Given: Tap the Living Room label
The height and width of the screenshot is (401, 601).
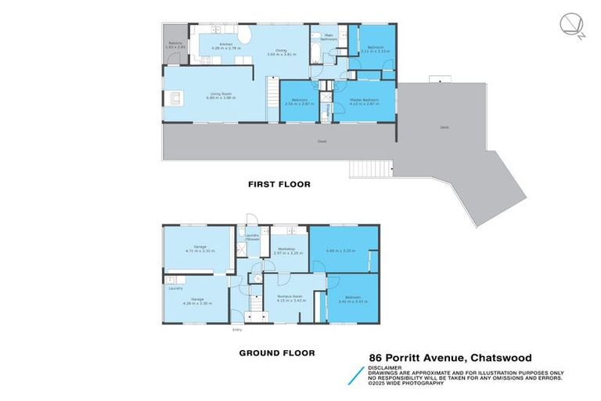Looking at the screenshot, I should (x=211, y=94).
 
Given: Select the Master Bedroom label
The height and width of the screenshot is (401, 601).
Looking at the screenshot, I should (x=364, y=99).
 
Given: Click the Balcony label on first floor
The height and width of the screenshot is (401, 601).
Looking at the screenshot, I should (x=175, y=44).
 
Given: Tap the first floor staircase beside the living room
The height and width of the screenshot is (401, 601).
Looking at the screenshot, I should (x=272, y=98).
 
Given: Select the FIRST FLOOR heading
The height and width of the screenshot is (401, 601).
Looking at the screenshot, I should (x=279, y=185).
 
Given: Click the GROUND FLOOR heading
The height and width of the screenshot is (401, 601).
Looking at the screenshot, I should (x=277, y=353).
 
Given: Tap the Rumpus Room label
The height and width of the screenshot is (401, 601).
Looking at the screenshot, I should (x=290, y=297).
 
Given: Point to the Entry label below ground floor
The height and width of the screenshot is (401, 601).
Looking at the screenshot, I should (x=236, y=330).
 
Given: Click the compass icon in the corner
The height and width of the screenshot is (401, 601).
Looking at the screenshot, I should (x=573, y=25).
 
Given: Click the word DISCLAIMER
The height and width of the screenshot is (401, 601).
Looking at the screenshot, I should (x=386, y=367).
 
